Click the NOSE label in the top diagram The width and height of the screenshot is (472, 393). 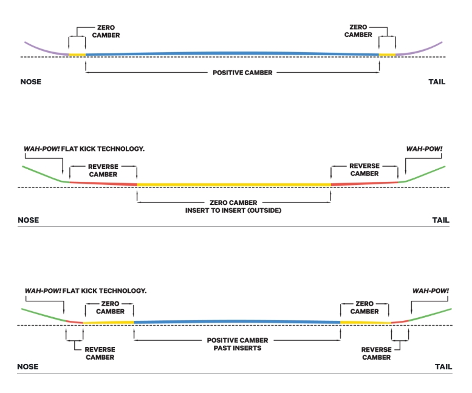click(x=31, y=82)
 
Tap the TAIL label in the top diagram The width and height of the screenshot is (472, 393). click(x=437, y=82)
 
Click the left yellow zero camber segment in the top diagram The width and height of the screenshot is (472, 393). click(x=77, y=55)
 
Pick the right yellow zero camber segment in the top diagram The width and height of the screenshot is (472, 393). click(x=387, y=55)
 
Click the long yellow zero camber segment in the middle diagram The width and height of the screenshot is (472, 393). click(x=234, y=184)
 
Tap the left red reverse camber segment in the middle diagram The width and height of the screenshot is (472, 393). click(x=103, y=183)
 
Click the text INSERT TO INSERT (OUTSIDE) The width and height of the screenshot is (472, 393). click(x=234, y=210)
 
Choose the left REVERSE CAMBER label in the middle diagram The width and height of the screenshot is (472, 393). click(x=103, y=170)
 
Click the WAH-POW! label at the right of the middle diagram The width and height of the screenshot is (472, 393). click(x=425, y=149)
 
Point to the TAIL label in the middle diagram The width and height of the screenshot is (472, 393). click(x=440, y=220)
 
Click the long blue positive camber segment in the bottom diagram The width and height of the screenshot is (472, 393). click(x=237, y=321)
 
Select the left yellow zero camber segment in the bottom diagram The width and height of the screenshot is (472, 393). click(x=108, y=322)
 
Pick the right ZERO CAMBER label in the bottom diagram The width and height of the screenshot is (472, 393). click(x=364, y=307)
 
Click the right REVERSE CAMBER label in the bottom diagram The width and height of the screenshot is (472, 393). click(x=376, y=354)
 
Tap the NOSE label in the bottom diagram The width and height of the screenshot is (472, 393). click(x=27, y=367)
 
